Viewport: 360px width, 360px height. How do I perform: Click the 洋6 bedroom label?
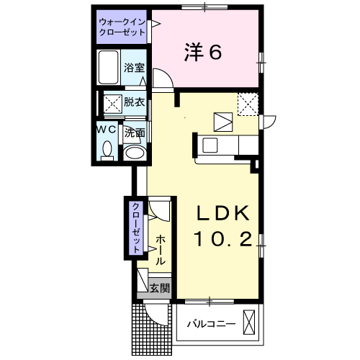point(203,52)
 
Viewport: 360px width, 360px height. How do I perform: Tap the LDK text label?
point(223,213)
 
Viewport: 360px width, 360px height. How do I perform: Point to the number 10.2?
point(223,239)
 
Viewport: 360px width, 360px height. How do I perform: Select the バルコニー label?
point(211,325)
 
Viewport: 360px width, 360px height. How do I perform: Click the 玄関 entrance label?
point(160,288)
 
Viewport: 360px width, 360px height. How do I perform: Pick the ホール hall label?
point(161,250)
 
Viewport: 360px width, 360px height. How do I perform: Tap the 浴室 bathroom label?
point(134,68)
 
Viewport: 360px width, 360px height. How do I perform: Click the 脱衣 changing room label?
point(134,102)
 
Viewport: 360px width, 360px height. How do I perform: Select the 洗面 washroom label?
point(135,132)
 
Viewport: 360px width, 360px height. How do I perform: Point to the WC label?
point(107,130)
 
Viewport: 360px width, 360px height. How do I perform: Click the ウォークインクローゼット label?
point(122,27)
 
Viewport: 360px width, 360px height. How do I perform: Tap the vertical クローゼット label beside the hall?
point(136,228)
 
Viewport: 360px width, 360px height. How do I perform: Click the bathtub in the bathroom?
point(109,67)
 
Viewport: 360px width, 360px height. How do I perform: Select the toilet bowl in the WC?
point(107,149)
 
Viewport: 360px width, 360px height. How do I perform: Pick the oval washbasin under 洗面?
point(135,153)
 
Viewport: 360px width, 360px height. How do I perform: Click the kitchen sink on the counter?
point(210,145)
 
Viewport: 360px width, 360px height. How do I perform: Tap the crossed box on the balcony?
point(249,322)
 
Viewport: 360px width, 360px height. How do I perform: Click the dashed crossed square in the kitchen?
point(248,104)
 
